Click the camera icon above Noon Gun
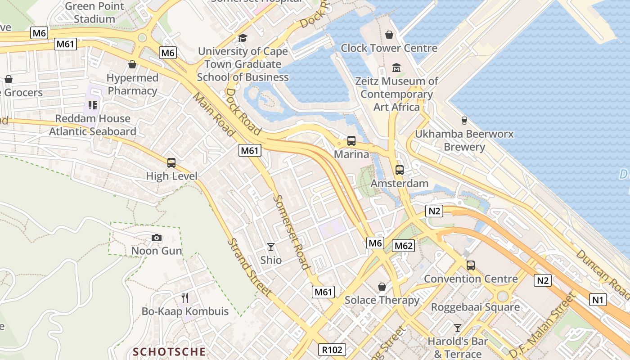[x=156, y=238]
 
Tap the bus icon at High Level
[x=171, y=163]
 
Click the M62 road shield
[x=403, y=246]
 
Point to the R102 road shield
[x=333, y=350]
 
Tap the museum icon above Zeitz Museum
[x=396, y=68]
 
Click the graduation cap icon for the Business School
[x=243, y=38]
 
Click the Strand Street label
[x=249, y=267]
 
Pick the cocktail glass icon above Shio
[x=271, y=247]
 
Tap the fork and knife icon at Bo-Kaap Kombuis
[x=185, y=297]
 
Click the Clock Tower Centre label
[x=389, y=48]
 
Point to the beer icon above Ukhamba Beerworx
[x=464, y=120]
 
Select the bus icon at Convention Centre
[x=471, y=265]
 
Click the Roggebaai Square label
[x=475, y=307]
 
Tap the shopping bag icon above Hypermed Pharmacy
[x=132, y=64]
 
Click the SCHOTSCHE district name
[x=169, y=351]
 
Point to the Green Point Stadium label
[x=94, y=13]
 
